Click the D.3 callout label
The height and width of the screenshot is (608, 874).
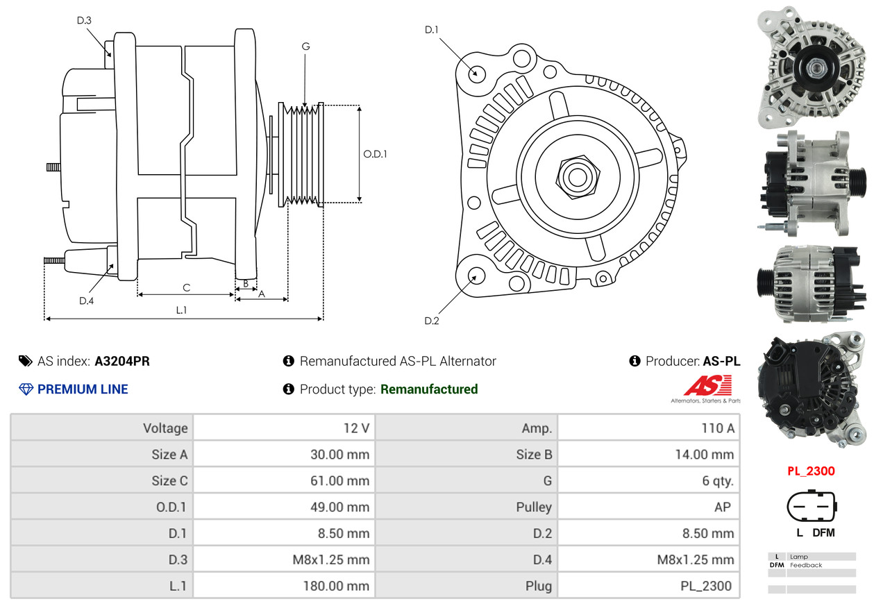pos(84,21)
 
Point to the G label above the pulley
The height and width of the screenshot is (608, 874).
pos(305,47)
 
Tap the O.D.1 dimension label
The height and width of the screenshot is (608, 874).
pos(376,154)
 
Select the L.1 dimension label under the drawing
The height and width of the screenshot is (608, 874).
pos(181,310)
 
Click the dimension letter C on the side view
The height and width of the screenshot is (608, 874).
pos(186,287)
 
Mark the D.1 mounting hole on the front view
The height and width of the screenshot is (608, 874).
pos(476,73)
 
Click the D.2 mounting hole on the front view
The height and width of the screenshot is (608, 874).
pos(476,276)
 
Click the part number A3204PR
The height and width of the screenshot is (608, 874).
pos(122,361)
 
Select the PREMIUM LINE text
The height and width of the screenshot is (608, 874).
pos(83,389)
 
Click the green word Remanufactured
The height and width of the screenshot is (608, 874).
pos(429,389)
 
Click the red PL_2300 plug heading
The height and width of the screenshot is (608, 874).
pos(811,471)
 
